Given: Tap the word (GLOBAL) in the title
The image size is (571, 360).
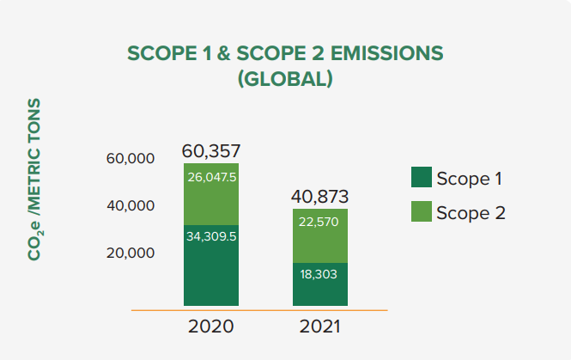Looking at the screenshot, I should click(285, 79).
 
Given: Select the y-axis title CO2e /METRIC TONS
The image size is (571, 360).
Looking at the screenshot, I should click(34, 180).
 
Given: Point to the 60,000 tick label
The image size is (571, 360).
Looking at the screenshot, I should click(130, 159).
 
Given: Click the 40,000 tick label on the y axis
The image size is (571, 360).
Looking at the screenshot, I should click(130, 206).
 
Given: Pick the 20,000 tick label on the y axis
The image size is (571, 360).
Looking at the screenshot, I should click(130, 253).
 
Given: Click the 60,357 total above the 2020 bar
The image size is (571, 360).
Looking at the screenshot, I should click(211, 151).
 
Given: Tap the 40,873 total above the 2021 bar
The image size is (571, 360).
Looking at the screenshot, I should click(320, 196).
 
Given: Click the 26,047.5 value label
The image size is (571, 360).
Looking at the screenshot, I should click(211, 177).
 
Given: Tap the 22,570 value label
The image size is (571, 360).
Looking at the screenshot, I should click(320, 222).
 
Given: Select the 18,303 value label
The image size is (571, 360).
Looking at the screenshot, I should click(320, 274).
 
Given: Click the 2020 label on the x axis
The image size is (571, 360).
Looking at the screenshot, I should click(211, 327).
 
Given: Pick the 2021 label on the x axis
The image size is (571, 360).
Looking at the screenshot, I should click(320, 327).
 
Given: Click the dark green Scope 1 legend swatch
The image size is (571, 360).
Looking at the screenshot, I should click(421, 177).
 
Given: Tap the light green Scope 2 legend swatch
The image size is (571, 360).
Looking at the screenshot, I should click(421, 211).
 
